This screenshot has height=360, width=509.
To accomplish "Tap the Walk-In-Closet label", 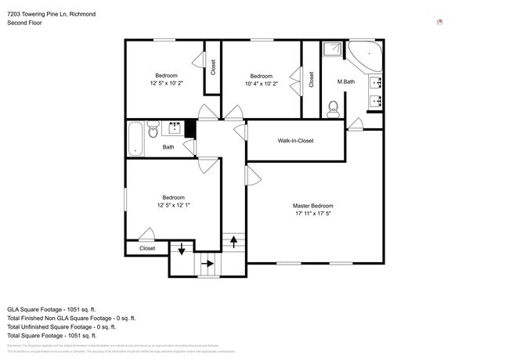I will tap(295, 141).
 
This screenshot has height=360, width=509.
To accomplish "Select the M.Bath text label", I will tap(347, 82).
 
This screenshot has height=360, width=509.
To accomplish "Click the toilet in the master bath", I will tap(332, 107).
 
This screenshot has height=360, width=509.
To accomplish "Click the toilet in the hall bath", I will tap(153, 128).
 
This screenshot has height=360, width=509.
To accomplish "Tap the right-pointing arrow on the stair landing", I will tap(208, 265).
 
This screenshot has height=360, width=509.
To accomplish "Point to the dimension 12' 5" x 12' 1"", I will tap(173, 205).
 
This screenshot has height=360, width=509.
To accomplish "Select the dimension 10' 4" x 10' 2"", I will tap(261, 83).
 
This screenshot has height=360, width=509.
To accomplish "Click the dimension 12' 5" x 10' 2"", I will tap(165, 83).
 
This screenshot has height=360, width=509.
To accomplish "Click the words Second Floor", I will tap(26, 23).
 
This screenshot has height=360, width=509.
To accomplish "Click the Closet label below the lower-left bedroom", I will tap(147, 248).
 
